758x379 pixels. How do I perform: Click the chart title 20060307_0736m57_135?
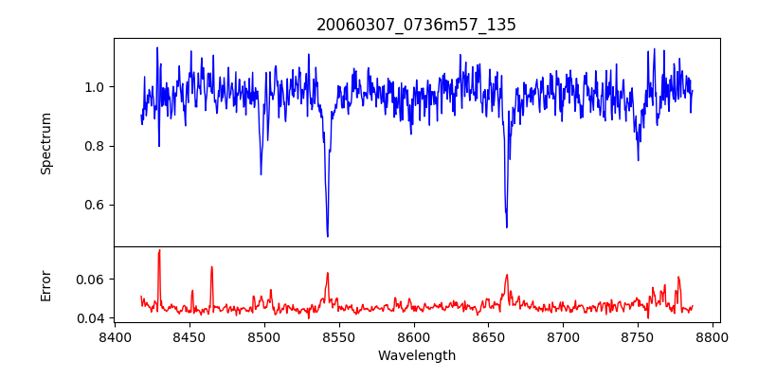click(x=417, y=25)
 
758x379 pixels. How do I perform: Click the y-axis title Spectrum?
click(x=46, y=143)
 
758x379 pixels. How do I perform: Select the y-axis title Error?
click(x=46, y=285)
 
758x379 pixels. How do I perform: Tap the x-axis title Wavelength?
click(x=417, y=356)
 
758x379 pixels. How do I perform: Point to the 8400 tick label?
click(x=115, y=336)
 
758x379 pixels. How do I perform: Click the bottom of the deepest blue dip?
click(x=328, y=236)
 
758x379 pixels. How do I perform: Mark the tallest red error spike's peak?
click(x=159, y=250)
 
